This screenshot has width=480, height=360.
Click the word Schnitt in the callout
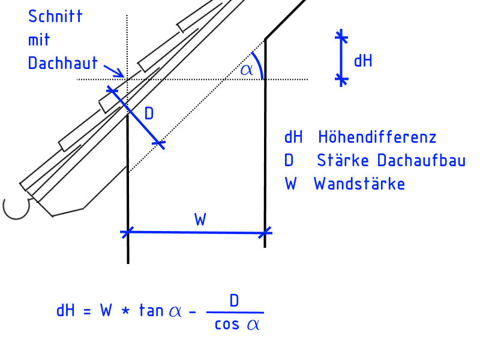(55, 16)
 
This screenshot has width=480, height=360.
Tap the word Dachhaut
(62, 62)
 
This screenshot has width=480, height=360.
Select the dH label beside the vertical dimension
(363, 60)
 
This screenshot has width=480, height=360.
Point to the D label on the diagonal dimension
(149, 113)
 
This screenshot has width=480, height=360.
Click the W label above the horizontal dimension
(200, 220)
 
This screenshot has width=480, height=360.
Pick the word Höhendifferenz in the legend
(377, 137)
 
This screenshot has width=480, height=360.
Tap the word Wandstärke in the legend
(359, 184)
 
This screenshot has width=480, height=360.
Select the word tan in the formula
(150, 310)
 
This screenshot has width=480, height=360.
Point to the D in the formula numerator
(234, 301)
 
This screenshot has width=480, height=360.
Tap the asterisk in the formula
(125, 311)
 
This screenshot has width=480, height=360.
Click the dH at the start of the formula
(65, 310)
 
